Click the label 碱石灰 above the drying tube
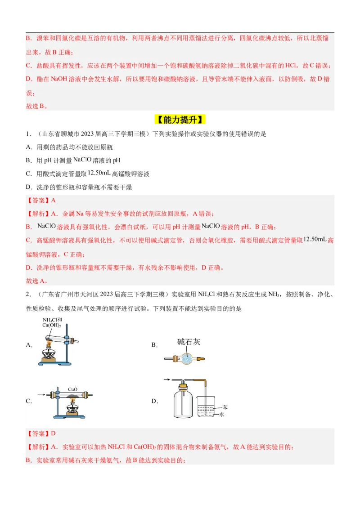coord(189,342)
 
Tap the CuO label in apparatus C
coord(73,389)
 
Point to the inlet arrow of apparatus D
coord(168,380)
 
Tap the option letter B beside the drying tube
coord(153,345)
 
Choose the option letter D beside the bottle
coord(153,402)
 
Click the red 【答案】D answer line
coord(41,433)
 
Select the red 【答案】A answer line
coord(41,201)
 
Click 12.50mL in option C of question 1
coord(99,173)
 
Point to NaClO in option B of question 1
coord(82,159)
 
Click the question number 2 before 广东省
coord(28,295)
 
